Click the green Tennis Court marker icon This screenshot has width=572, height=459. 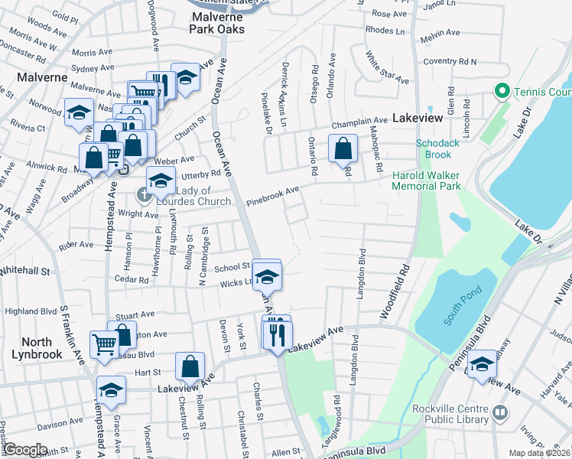[502, 92]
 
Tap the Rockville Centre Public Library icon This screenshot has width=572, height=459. [501, 413]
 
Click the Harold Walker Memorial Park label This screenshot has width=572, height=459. [426, 181]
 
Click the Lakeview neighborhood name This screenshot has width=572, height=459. [418, 119]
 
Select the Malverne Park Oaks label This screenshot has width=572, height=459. [218, 21]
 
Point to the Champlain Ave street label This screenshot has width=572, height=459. [359, 122]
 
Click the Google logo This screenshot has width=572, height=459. [25, 450]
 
